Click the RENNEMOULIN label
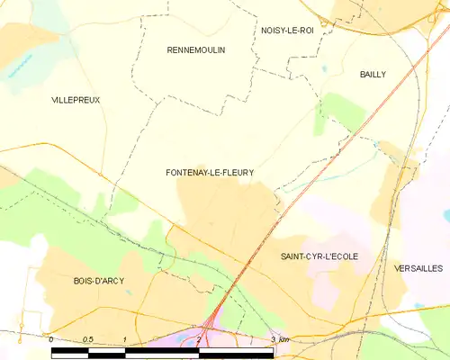(x=196, y=50)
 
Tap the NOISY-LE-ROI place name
(x=287, y=30)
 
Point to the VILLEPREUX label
(x=76, y=100)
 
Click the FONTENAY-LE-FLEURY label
(x=210, y=172)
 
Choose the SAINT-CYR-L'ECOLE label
(x=319, y=256)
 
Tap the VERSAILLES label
(x=418, y=268)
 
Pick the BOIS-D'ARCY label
(x=99, y=281)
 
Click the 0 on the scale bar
(x=51, y=339)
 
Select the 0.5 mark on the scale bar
(x=87, y=339)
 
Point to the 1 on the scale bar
(x=124, y=339)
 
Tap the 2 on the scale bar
(x=198, y=339)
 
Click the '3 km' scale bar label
(x=279, y=339)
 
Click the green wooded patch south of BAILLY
(x=342, y=112)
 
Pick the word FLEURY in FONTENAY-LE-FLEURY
(x=236, y=172)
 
